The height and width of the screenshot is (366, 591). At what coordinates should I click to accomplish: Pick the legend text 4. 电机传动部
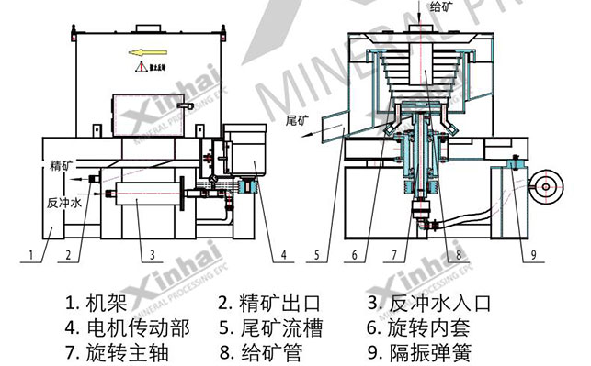(121, 327)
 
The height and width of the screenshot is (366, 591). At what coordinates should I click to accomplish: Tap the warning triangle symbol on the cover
(138, 68)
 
